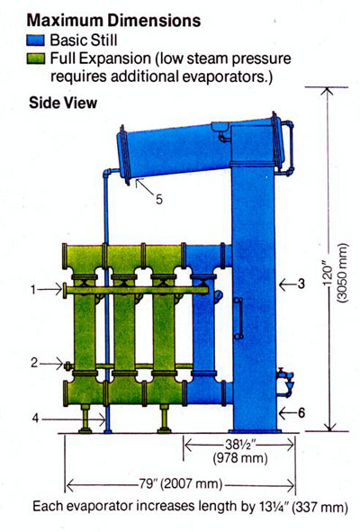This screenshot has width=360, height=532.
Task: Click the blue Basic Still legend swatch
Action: tap(36, 41)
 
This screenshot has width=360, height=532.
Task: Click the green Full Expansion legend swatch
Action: tap(36, 59)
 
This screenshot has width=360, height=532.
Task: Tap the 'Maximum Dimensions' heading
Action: tap(113, 21)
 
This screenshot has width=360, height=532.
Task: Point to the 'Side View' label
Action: tap(63, 103)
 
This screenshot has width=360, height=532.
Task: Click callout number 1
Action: tap(33, 290)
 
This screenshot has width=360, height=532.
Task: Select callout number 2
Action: tap(34, 363)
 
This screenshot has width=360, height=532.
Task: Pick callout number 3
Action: tap(301, 284)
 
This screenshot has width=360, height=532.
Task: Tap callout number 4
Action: tap(35, 419)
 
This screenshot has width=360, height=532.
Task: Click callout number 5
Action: tap(159, 199)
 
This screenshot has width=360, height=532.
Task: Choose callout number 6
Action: tap(301, 412)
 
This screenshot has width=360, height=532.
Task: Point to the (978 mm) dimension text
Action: tap(240, 458)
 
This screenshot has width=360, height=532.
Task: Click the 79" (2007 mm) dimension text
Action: tap(181, 483)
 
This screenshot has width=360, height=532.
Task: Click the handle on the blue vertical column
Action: tap(239, 318)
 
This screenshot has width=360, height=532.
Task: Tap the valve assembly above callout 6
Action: tap(284, 382)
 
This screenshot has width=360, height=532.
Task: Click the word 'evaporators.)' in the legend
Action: tap(228, 77)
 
